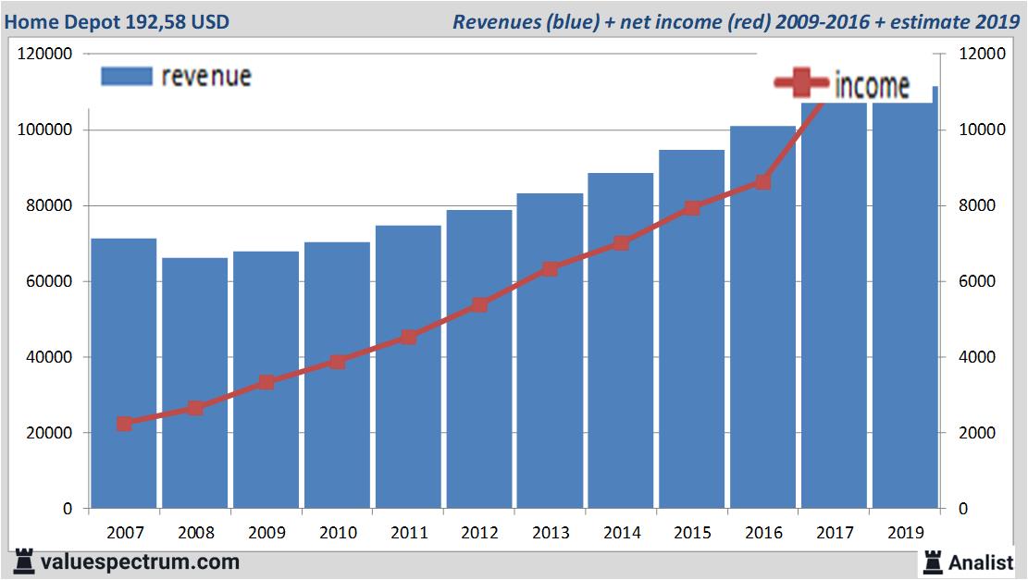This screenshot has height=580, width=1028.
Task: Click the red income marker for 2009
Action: pyautogui.click(x=266, y=382)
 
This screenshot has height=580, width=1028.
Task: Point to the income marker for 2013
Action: pyautogui.click(x=551, y=269)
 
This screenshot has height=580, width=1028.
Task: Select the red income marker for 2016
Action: pyautogui.click(x=763, y=182)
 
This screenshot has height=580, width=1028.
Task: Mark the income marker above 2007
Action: pyautogui.click(x=125, y=424)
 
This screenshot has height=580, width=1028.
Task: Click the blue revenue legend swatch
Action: pyautogui.click(x=126, y=77)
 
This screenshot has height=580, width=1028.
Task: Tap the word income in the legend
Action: pyautogui.click(x=872, y=86)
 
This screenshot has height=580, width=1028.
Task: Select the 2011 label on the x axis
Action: pyautogui.click(x=409, y=533)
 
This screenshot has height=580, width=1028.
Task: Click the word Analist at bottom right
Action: pyautogui.click(x=982, y=561)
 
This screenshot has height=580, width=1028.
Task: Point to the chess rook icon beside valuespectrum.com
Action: pyautogui.click(x=24, y=561)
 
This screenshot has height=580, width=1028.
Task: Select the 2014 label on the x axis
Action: pyautogui.click(x=622, y=533)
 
